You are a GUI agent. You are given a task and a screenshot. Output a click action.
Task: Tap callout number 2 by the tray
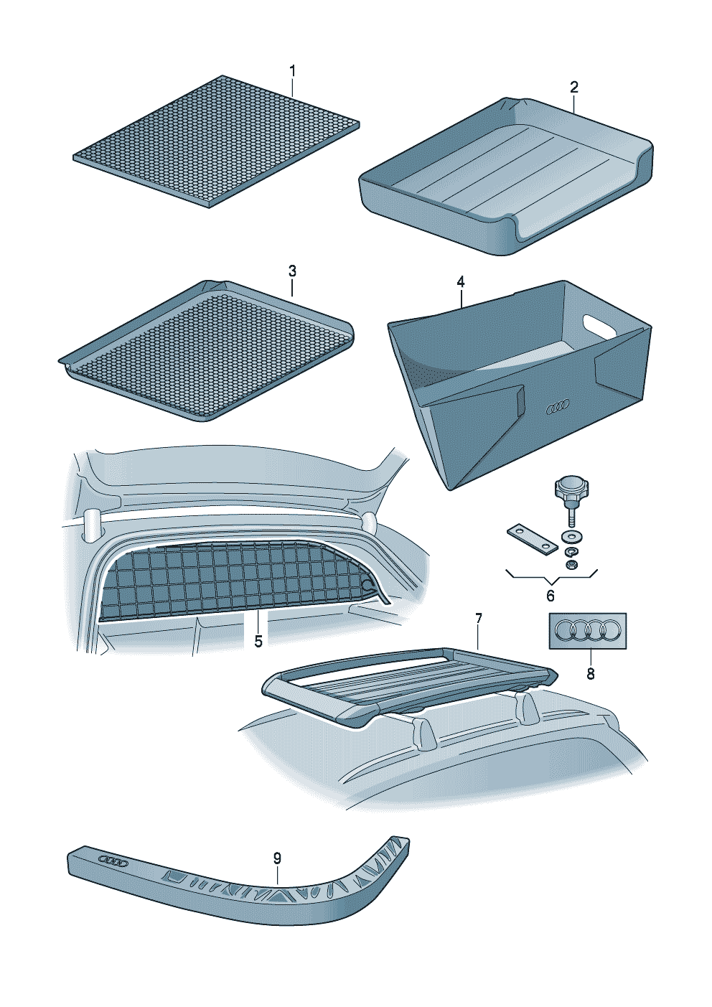tap(573, 87)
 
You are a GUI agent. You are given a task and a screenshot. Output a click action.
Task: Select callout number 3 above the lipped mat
tap(292, 271)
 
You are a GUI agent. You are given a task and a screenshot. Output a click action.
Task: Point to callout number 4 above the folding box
tap(461, 281)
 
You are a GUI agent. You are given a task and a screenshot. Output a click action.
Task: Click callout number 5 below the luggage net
tap(258, 641)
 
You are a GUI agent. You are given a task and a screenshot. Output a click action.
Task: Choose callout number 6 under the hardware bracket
tap(551, 596)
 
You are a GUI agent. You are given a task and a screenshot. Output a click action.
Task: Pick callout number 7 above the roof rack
tap(479, 619)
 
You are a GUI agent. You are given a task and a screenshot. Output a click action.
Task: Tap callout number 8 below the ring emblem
tap(591, 674)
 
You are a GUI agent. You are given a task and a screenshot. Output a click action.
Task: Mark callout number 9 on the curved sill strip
tap(277, 858)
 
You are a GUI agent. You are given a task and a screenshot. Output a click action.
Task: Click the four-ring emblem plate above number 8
tap(588, 630)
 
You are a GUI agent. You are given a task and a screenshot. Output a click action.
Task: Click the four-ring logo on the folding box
tap(557, 408)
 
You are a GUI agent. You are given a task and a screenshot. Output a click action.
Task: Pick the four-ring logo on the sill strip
tap(113, 860)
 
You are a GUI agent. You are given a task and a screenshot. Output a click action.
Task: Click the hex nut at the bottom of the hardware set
tap(571, 565)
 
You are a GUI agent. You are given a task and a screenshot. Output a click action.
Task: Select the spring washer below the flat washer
tap(572, 551)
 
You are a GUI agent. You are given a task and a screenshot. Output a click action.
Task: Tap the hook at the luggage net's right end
tap(369, 588)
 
